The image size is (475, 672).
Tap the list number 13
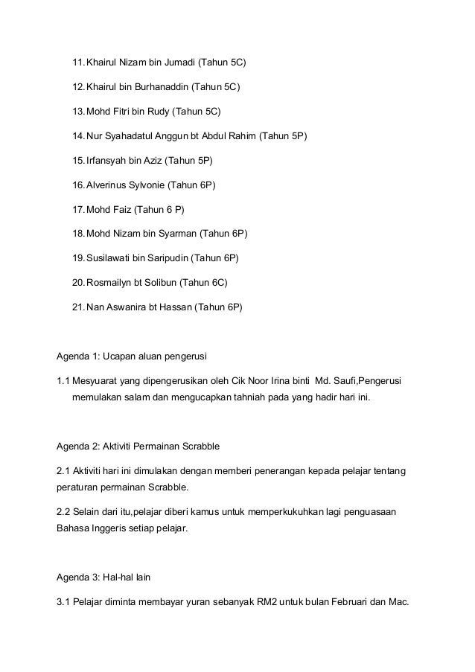tap(77, 112)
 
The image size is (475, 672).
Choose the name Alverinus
tap(109, 185)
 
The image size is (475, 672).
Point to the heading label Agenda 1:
tap(77, 354)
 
